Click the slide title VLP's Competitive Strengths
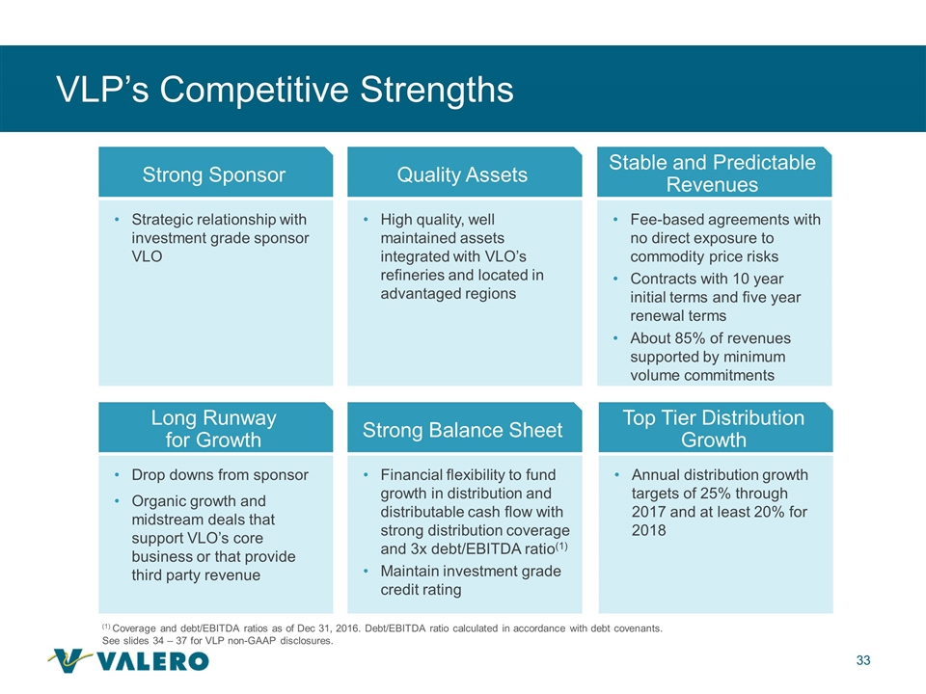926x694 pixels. [285, 90]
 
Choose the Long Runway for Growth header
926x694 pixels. [215, 427]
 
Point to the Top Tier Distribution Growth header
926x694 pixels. [715, 427]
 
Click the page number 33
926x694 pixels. [862, 660]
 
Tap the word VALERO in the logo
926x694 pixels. [152, 661]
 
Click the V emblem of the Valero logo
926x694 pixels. [69, 659]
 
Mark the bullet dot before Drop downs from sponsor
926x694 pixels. [118, 474]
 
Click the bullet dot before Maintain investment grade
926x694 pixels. [367, 571]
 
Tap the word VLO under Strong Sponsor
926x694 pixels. [147, 256]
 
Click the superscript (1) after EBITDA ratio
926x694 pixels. [561, 546]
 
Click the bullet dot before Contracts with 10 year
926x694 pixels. [615, 279]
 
